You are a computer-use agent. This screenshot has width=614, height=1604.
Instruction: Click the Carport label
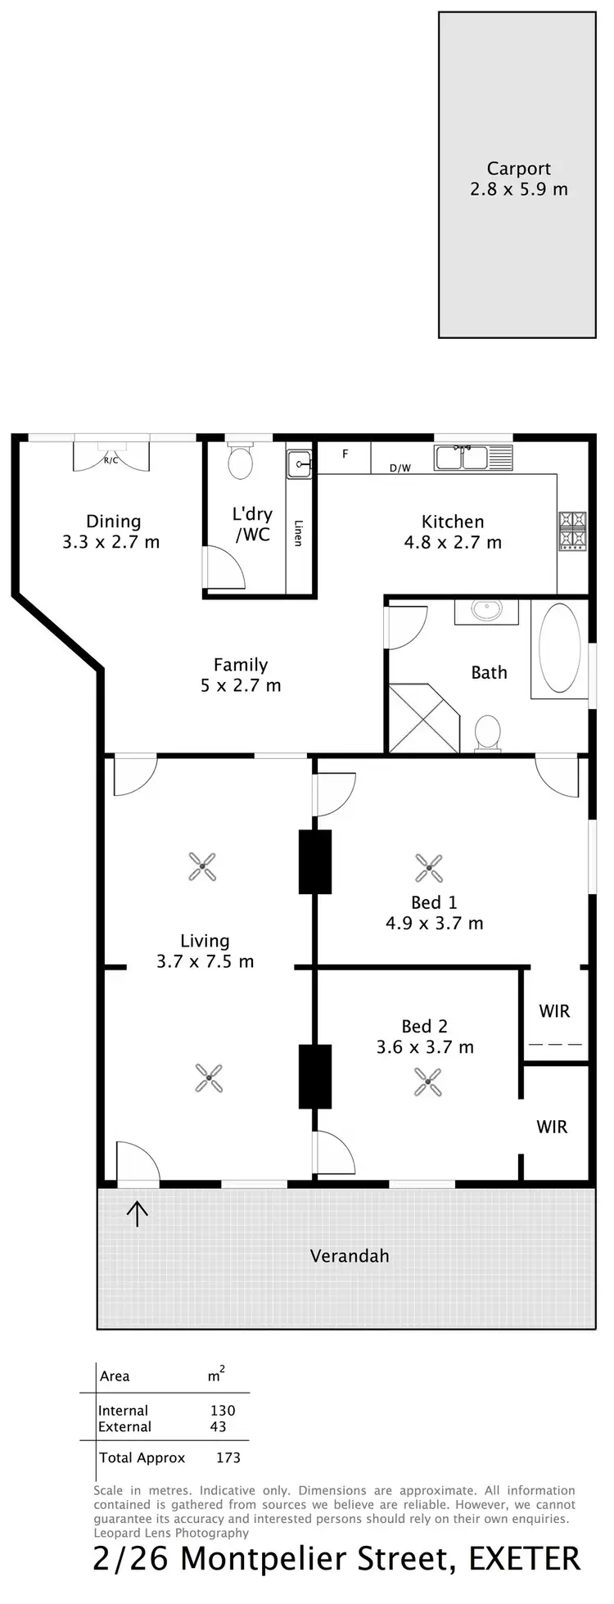point(518,169)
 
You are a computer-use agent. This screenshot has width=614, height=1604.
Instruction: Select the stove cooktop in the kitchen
point(572,529)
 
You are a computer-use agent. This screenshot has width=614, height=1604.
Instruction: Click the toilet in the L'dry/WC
point(240,463)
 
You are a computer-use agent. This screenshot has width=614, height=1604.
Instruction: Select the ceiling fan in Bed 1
point(429,868)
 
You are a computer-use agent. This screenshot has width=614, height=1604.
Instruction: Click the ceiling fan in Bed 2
point(427,1082)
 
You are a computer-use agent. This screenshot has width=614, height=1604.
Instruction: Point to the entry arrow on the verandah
point(137,1213)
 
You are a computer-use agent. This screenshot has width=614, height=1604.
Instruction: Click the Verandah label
point(350,1256)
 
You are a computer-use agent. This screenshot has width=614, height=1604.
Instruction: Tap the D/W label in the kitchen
point(400,468)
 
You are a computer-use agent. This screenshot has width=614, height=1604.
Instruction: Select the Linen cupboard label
point(298,533)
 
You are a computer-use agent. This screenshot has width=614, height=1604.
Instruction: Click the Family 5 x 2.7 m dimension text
point(241,686)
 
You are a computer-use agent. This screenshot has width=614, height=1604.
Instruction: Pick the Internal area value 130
point(222,1411)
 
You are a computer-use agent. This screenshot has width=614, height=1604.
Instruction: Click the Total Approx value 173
point(228,1457)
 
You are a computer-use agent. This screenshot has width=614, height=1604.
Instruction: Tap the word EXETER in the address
point(524,1559)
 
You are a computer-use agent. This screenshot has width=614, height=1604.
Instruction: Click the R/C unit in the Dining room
point(111,459)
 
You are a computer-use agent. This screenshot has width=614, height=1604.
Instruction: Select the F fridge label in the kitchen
point(345,454)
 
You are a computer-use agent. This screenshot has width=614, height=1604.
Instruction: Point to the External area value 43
point(218,1426)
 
